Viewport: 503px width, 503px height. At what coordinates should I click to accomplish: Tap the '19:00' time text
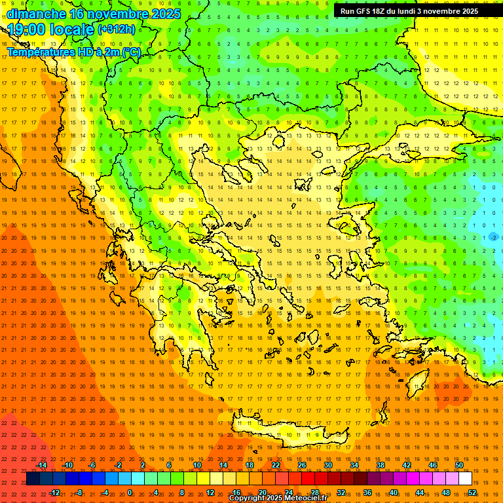[27, 29]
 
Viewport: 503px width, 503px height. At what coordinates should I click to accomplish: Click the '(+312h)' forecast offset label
[117, 29]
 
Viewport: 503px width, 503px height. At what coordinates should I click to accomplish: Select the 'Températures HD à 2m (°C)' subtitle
[74, 52]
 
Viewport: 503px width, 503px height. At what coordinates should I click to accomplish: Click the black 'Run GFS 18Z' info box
[409, 10]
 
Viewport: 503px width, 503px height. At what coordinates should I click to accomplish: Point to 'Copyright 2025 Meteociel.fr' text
[278, 498]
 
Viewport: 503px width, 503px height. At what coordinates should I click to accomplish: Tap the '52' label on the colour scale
[472, 493]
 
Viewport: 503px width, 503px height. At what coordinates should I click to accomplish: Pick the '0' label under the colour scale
[130, 493]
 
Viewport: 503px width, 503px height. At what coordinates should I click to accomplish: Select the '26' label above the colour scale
[302, 465]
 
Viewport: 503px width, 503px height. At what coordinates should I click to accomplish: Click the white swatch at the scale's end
[466, 479]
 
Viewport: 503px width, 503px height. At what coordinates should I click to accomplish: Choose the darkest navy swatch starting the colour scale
[33, 479]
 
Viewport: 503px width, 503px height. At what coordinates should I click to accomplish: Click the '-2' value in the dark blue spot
[493, 237]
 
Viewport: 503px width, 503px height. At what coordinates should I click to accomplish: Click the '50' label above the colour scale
[459, 465]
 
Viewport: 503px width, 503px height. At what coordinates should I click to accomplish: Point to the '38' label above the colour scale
[381, 465]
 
